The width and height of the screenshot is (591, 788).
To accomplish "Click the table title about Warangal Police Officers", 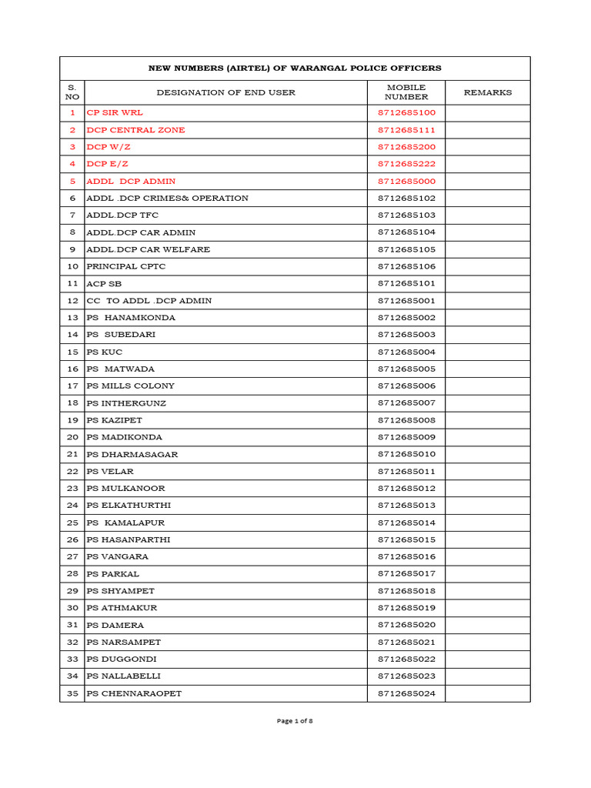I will click(x=295, y=68).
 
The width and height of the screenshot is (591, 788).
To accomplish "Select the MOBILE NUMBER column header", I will click(x=406, y=92).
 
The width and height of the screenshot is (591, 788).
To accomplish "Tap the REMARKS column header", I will click(x=487, y=92).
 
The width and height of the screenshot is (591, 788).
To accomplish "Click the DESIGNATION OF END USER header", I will click(x=225, y=92).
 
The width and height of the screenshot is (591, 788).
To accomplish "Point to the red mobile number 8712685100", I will click(x=406, y=113).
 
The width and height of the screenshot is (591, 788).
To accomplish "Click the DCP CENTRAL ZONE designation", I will click(x=135, y=130).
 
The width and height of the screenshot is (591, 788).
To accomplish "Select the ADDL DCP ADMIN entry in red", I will click(x=131, y=182).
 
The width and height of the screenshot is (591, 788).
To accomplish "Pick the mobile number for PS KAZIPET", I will click(x=406, y=421).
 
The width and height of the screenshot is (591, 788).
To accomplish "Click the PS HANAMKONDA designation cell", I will click(x=131, y=318).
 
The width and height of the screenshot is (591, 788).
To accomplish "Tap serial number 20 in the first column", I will click(x=72, y=438).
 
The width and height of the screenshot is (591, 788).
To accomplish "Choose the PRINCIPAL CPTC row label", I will click(x=125, y=267).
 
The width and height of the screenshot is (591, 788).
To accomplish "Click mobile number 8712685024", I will click(x=406, y=694).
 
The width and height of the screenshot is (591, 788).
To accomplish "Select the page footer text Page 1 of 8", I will click(x=295, y=721).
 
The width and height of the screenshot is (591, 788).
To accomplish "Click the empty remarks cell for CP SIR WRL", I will click(x=487, y=113).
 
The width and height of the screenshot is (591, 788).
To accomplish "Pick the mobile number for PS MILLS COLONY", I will click(x=406, y=386).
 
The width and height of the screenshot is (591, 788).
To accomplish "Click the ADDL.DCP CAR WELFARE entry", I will click(x=148, y=250).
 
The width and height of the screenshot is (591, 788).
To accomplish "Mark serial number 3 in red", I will click(x=72, y=147).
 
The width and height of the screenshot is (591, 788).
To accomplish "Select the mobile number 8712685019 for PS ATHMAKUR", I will click(x=406, y=609).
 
